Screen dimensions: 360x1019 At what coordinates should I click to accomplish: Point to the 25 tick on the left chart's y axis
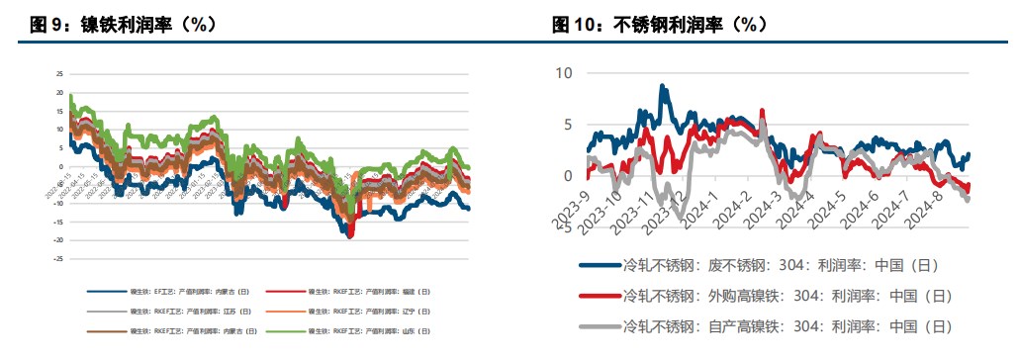[59, 73]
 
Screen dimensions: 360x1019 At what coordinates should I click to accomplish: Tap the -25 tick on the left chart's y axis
[58, 258]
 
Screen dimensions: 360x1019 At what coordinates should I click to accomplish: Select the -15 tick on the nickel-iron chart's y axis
[58, 222]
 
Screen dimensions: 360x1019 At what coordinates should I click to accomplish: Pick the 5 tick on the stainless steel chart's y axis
[568, 125]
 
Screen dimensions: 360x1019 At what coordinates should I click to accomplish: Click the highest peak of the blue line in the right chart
[663, 87]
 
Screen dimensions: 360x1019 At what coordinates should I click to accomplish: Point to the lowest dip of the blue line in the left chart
[349, 235]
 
